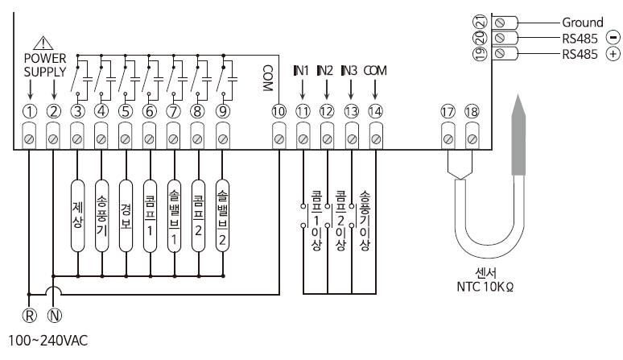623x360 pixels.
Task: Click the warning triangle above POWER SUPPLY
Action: coord(43,43)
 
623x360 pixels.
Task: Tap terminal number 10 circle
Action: coord(279,112)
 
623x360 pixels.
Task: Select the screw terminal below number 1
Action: coord(29,136)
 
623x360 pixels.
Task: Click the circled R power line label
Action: coord(30,316)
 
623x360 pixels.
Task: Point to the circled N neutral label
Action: coord(55,316)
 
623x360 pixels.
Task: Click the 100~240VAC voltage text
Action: coord(48,341)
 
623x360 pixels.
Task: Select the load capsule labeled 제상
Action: coord(78,216)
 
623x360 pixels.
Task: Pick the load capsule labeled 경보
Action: coord(126,216)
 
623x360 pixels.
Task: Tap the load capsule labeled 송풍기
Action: coord(101,216)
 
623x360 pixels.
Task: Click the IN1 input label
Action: coord(301,70)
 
